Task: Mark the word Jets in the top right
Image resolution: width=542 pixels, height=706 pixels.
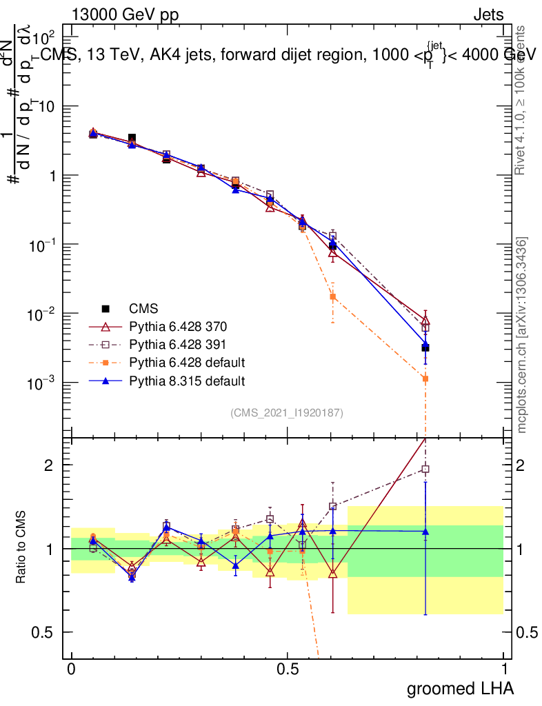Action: [488, 15]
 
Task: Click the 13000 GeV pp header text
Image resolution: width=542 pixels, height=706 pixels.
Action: [124, 15]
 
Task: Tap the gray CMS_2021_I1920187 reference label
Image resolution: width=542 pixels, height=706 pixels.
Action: [287, 413]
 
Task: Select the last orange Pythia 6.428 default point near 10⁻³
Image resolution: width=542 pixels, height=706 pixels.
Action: [425, 379]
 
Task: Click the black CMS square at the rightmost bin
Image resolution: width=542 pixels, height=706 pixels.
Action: [425, 348]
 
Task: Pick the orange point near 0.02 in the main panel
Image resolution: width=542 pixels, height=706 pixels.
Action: [332, 296]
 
